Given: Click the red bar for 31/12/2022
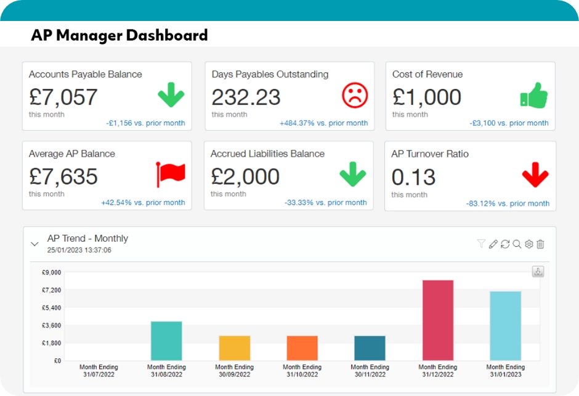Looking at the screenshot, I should (438, 320).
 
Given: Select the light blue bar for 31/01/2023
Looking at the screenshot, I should (505, 326).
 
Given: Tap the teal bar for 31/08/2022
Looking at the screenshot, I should (166, 340).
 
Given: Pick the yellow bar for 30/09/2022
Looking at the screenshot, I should (235, 348).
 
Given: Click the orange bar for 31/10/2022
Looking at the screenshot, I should (302, 348).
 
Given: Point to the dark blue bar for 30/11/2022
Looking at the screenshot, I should (370, 348).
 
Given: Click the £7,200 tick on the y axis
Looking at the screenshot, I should (51, 290).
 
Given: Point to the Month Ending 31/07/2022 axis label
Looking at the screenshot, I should (99, 371).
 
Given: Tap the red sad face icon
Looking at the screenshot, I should (355, 95).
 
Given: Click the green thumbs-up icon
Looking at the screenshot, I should (533, 96).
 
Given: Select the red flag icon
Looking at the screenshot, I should (170, 175).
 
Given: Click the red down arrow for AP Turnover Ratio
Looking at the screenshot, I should (535, 176).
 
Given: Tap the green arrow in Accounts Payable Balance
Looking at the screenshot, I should (171, 96).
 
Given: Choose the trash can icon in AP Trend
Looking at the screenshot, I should (540, 244).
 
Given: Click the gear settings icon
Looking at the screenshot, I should (528, 244).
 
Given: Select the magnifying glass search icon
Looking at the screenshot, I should (517, 244).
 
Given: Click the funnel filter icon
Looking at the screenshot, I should (481, 244).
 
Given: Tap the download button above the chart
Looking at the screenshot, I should (538, 271).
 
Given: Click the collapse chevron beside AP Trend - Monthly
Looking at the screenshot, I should (34, 244).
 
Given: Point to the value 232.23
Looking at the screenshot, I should (246, 97).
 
